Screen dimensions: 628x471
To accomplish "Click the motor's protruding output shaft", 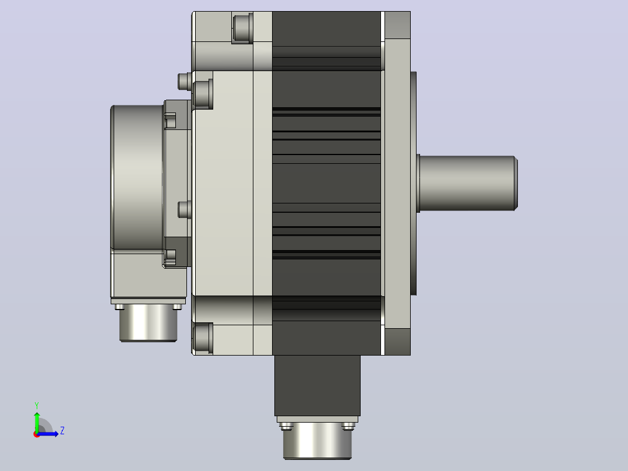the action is tap(467, 183).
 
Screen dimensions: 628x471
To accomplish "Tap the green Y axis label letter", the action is tap(37, 406).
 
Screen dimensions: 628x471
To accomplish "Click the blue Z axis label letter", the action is tap(62, 431).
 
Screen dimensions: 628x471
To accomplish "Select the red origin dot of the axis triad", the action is tap(37, 434).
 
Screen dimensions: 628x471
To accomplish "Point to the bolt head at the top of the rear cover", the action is tap(242, 27).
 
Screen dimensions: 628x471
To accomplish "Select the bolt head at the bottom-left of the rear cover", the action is tap(203, 338).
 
